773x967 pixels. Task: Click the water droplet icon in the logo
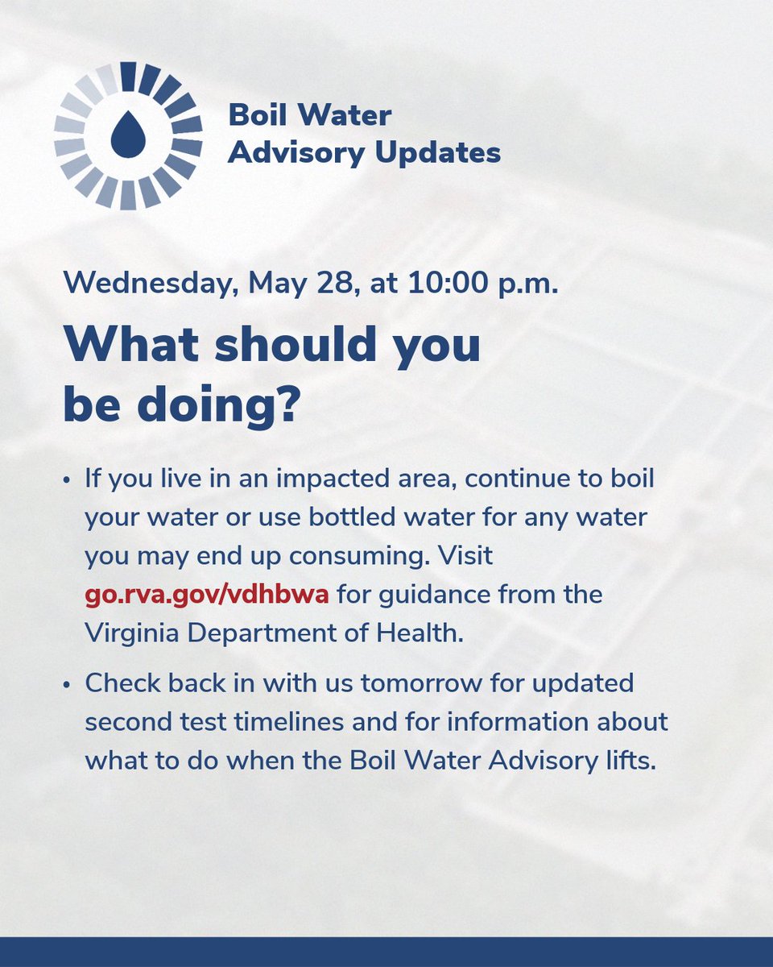[127, 135]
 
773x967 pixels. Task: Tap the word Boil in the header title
[258, 115]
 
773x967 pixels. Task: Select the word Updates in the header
[447, 151]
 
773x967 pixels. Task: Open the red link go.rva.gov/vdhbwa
[207, 596]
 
